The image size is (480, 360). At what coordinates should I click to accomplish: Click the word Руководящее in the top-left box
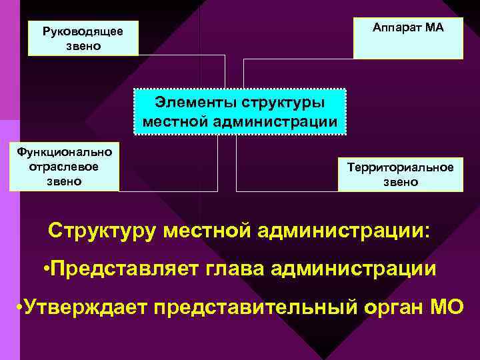tap(83, 31)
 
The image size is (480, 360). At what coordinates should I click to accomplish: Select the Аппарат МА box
tap(408, 38)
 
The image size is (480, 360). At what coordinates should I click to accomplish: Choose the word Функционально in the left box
tap(65, 151)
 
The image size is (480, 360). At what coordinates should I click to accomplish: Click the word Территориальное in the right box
tap(400, 167)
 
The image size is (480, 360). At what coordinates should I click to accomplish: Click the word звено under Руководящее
tap(83, 46)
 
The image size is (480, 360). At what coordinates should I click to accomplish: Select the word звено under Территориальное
tap(400, 181)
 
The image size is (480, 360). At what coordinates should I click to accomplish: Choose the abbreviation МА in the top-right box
tap(433, 27)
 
